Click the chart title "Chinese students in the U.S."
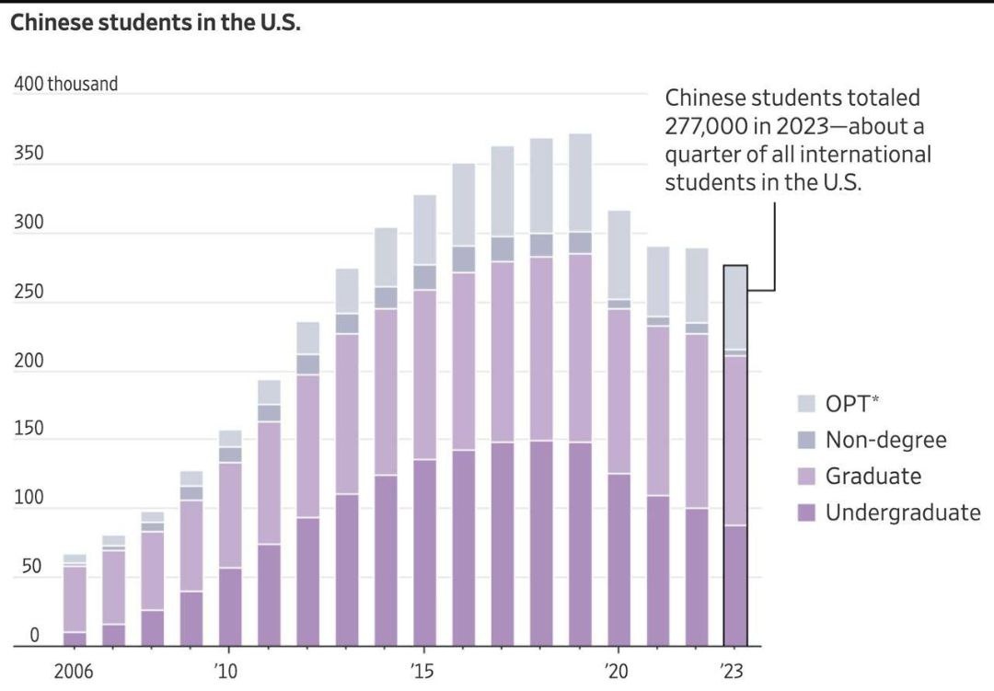(156, 23)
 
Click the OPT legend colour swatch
(806, 403)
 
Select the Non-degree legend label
(885, 440)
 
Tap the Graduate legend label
(873, 476)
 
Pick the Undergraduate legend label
(902, 512)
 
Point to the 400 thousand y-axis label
(66, 84)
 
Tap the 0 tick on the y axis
(34, 636)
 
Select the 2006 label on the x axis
(74, 671)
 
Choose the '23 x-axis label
(734, 671)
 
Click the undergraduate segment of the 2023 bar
(735, 585)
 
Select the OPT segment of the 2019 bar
(580, 182)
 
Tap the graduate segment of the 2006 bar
(75, 599)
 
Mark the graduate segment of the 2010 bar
(230, 515)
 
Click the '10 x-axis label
(226, 671)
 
